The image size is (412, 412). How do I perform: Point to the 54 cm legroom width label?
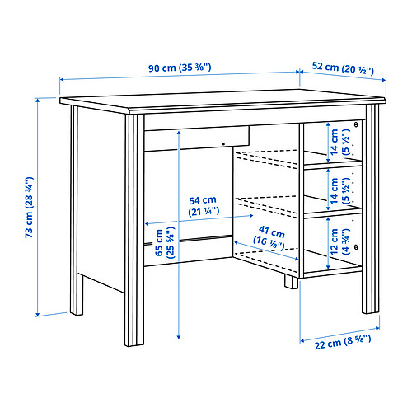tap(202, 205)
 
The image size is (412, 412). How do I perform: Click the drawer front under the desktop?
tap(199, 136)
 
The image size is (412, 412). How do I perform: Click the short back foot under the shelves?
tap(291, 283)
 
